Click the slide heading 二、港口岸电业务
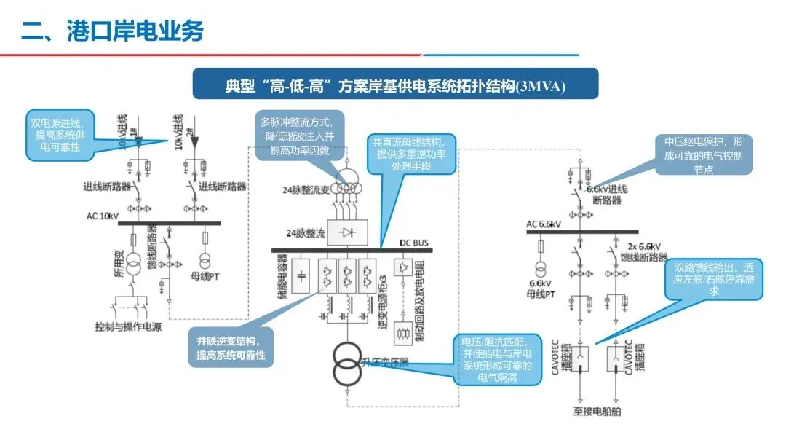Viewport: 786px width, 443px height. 113,31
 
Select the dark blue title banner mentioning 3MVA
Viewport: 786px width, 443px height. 395,85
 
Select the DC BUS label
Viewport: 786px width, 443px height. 416,243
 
